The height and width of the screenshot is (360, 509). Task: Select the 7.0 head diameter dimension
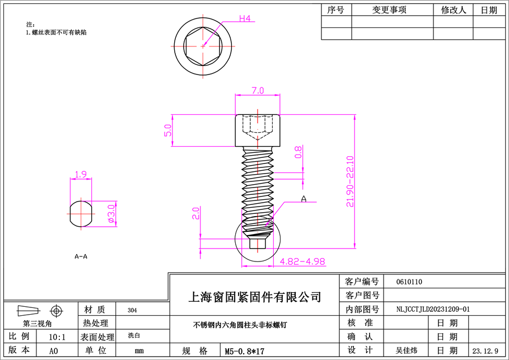257,91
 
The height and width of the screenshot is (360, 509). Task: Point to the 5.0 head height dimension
167,130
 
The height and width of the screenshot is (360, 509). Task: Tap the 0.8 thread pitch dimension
298,152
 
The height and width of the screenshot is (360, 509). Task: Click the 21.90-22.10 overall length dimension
349,181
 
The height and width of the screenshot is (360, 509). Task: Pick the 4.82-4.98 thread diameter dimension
302,261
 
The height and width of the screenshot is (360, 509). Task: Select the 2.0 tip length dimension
196,213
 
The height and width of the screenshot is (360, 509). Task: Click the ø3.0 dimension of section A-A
111,214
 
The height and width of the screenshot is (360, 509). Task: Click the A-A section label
81,256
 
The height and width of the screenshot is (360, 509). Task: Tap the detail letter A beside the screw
304,199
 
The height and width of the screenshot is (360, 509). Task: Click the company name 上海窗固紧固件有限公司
256,296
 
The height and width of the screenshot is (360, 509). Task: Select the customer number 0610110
409,282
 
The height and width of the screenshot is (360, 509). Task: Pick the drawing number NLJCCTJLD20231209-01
432,308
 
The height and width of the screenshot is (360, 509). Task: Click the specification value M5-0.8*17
244,352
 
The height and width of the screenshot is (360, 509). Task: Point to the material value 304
132,310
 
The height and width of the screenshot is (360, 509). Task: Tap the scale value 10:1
57,337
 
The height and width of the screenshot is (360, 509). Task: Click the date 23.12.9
485,351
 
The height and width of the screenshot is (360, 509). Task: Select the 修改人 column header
453,10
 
